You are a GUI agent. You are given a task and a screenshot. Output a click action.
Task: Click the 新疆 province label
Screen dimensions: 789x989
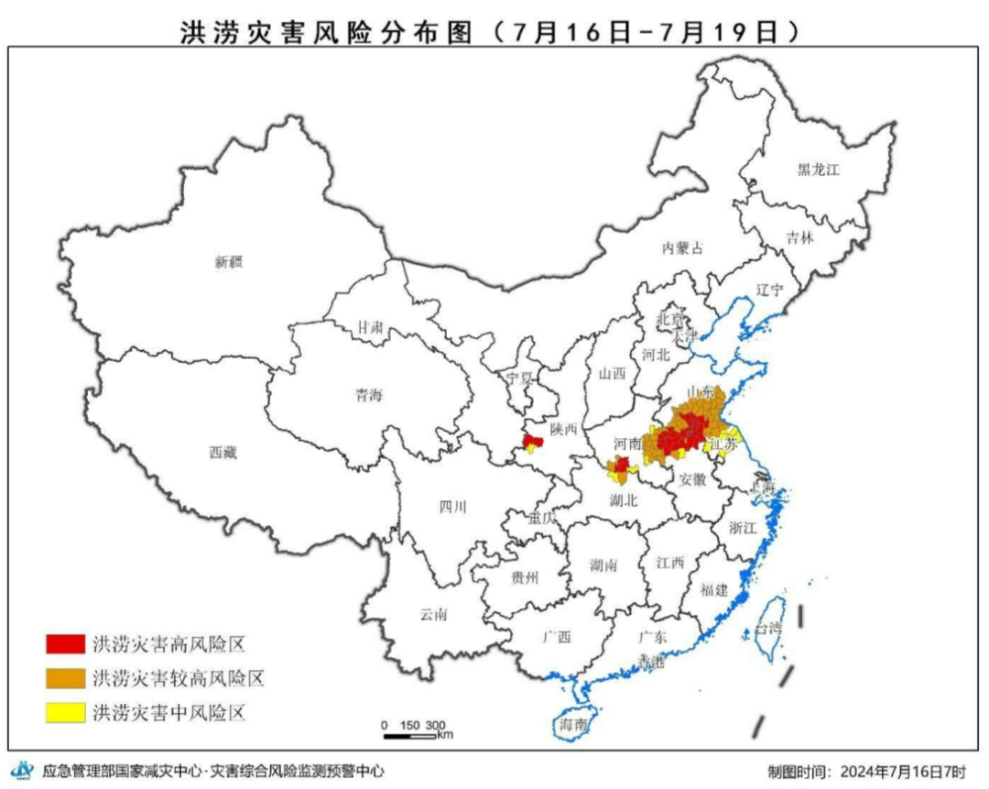click(x=229, y=262)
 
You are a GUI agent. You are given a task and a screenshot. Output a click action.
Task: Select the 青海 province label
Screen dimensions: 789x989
click(x=369, y=396)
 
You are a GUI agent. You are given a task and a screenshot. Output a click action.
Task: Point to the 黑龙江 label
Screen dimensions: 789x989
click(x=818, y=169)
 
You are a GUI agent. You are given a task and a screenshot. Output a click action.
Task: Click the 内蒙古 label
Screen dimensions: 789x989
click(x=684, y=247)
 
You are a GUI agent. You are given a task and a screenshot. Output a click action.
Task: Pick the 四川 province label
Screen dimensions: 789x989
click(x=452, y=507)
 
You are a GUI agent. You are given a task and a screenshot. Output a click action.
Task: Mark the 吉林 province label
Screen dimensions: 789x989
click(x=799, y=237)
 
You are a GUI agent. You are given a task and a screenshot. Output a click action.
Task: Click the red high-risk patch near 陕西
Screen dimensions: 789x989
click(x=532, y=443)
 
